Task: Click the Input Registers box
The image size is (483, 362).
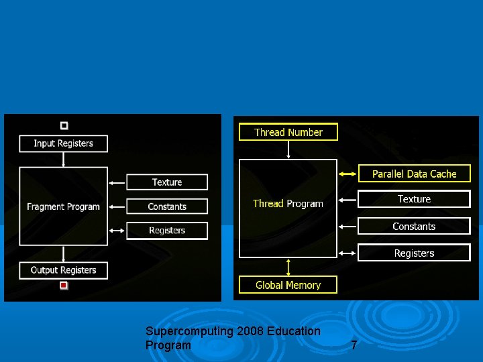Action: [63, 143]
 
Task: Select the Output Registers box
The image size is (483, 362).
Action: [63, 270]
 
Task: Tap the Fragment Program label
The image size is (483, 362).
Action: [63, 206]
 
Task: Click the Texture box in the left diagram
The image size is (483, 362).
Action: [167, 182]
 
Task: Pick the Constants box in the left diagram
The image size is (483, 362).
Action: [167, 206]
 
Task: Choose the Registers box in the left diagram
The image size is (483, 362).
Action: [167, 231]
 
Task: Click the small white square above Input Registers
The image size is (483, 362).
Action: [64, 125]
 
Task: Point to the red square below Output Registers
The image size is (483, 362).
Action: [64, 286]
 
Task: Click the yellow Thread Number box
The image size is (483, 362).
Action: [288, 132]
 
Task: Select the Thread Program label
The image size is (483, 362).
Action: [288, 204]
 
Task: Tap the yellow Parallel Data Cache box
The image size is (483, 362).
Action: [414, 174]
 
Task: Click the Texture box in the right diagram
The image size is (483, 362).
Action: [414, 199]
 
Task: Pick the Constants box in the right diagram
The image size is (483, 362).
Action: [414, 226]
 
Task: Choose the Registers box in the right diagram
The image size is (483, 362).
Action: [414, 253]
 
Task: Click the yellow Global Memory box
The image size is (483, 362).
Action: [288, 285]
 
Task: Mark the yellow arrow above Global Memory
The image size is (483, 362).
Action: [288, 267]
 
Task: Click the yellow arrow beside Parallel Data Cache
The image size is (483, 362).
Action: [347, 174]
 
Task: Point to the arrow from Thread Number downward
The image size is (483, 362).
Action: [288, 149]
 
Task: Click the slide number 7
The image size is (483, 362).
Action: [354, 345]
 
